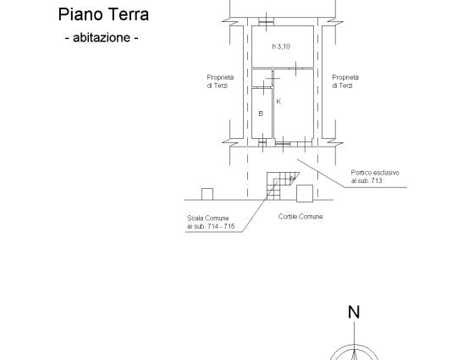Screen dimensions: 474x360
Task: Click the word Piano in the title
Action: click(x=80, y=15)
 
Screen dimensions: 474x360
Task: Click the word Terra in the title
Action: click(x=129, y=15)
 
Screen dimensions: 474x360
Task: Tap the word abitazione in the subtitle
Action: click(x=102, y=37)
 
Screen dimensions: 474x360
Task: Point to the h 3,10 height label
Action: click(x=281, y=47)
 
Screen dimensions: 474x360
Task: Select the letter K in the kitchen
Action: click(x=278, y=102)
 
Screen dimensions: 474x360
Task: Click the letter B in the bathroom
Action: click(x=261, y=114)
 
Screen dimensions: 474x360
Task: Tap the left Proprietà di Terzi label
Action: click(x=220, y=81)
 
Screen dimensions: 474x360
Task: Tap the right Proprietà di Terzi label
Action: click(x=345, y=81)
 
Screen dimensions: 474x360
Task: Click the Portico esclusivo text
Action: click(x=375, y=173)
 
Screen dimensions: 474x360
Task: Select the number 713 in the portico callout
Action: click(x=377, y=180)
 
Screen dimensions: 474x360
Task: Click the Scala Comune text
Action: click(x=207, y=219)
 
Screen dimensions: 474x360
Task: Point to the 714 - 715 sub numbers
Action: click(x=221, y=226)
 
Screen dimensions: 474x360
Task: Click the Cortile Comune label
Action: click(x=300, y=217)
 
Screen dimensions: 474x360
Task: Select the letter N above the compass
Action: click(x=354, y=313)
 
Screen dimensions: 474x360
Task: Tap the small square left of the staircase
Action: click(x=207, y=194)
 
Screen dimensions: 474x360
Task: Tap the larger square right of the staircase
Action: click(x=305, y=194)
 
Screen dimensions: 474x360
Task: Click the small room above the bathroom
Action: click(x=262, y=78)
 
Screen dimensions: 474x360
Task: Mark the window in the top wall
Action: click(x=266, y=21)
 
